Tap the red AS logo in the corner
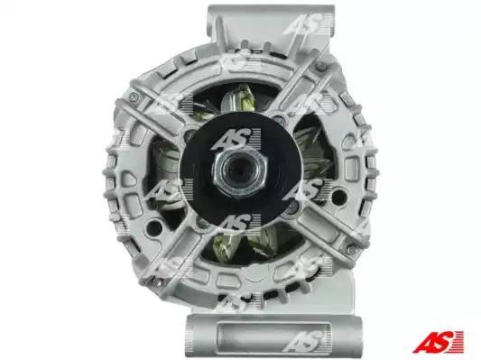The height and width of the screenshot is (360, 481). tap(438, 341)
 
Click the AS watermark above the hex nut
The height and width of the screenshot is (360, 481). tap(236, 139)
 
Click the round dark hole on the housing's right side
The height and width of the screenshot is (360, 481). tap(338, 196)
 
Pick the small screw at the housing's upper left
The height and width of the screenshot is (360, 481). tap(134, 97)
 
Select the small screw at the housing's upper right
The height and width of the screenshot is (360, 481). tap(321, 66)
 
